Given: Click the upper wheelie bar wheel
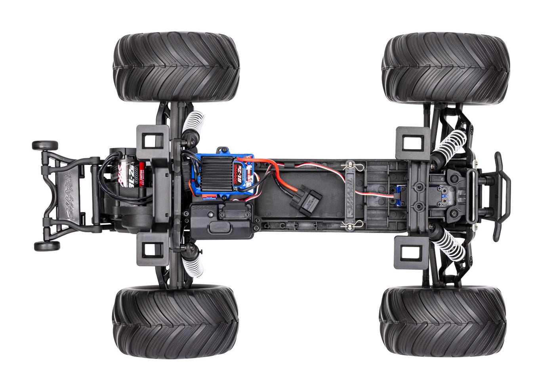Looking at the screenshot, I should pyautogui.click(x=45, y=145).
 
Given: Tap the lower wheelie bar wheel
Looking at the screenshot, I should pyautogui.click(x=47, y=246).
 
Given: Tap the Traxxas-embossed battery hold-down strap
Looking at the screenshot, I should pyautogui.click(x=350, y=195).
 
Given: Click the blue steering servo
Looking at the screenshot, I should pyautogui.click(x=400, y=195).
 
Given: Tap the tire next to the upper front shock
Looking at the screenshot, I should pyautogui.click(x=445, y=67).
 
